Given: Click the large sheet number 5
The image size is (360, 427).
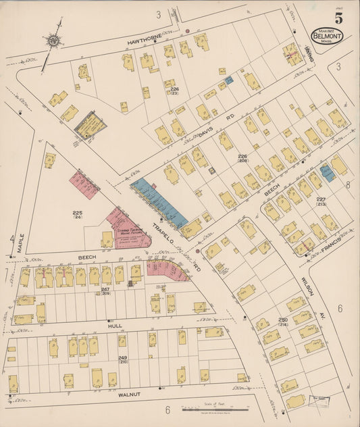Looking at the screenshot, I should (338, 18).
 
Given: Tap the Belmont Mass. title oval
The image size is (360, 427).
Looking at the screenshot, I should (326, 35).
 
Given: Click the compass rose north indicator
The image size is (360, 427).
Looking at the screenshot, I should (52, 41).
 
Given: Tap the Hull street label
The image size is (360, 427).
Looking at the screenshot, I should (115, 326).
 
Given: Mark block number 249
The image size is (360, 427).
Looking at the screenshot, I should (123, 357).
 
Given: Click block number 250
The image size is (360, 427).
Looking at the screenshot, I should (283, 320).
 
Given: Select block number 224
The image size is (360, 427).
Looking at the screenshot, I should (175, 90).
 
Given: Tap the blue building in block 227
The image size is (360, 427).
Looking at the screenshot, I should (327, 173).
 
